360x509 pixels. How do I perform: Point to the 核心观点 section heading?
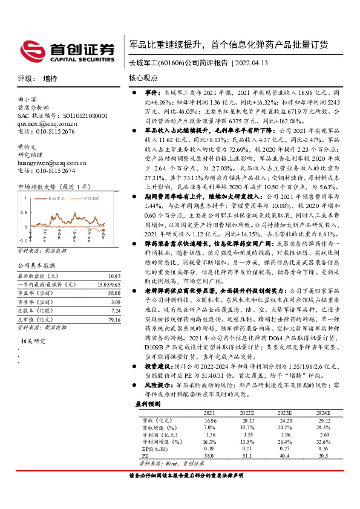(x=143, y=78)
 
